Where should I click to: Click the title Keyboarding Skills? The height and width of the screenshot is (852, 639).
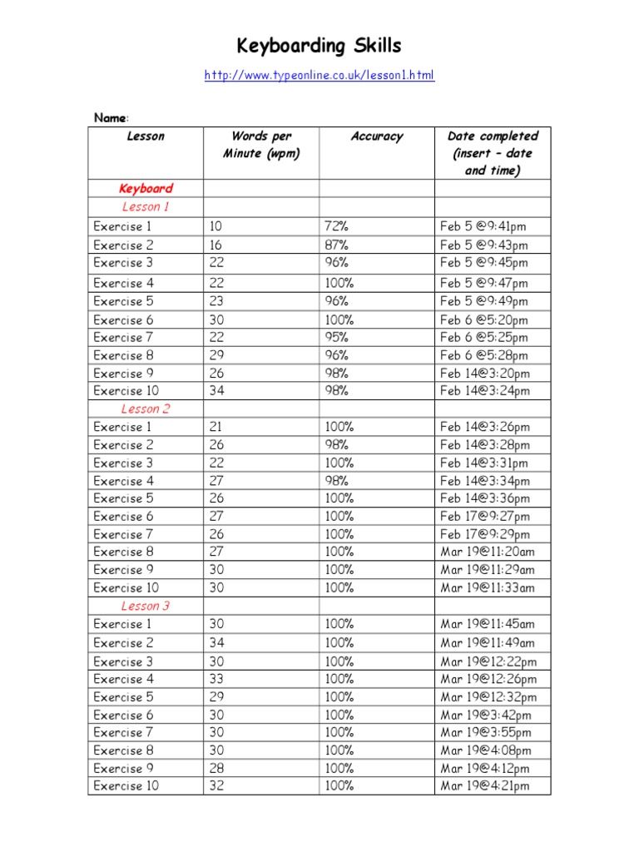[x=319, y=46]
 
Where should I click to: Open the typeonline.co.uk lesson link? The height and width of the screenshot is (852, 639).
[x=319, y=76]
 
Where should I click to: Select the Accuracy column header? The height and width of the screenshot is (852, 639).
[x=376, y=136]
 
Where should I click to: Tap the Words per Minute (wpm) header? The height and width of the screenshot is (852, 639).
[x=260, y=145]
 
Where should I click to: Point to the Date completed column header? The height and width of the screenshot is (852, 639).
[x=493, y=153]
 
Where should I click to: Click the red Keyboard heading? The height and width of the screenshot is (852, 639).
[x=146, y=189]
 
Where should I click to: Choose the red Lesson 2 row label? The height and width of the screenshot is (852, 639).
[x=146, y=409]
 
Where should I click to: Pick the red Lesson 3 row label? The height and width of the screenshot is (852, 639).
[x=146, y=606]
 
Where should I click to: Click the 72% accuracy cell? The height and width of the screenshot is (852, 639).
[x=336, y=226]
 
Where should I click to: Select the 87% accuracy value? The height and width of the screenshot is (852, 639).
[x=336, y=245]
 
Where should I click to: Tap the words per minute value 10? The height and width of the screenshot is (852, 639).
[x=216, y=226]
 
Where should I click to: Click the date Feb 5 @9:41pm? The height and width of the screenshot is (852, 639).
[x=483, y=226]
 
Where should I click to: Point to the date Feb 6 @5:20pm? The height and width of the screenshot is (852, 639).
[x=483, y=319]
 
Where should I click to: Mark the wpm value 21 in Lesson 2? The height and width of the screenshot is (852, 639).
[x=216, y=427]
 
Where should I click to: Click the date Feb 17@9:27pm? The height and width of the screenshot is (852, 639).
[x=485, y=517]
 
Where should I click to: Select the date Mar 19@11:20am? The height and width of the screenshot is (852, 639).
[x=488, y=552]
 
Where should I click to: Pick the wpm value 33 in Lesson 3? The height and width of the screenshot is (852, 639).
[x=217, y=679]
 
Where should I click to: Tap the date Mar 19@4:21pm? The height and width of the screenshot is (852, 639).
[x=485, y=786]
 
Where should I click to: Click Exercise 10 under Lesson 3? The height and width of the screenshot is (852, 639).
[x=126, y=786]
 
